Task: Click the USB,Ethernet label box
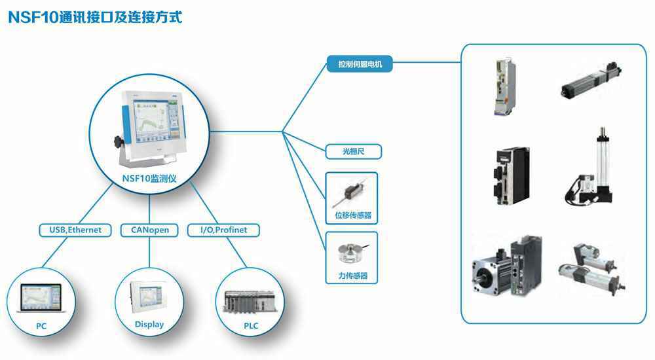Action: [x=71, y=230]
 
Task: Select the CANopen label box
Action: [x=149, y=230]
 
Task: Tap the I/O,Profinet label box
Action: [x=223, y=230]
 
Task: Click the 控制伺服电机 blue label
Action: [x=360, y=64]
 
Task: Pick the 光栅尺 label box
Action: [x=353, y=152]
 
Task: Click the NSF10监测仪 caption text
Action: [x=149, y=179]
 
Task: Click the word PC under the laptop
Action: [x=41, y=326]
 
